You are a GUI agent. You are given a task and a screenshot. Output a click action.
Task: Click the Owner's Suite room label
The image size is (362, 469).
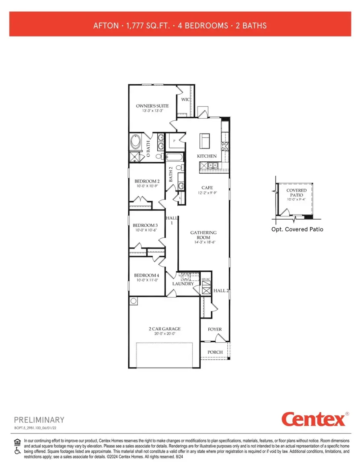coord(152,106)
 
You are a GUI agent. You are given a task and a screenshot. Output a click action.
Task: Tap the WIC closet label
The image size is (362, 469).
coord(185,99)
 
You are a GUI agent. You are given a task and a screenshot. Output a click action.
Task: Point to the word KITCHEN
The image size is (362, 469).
coord(207,156)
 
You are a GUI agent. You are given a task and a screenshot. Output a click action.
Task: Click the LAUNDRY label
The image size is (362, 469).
coord(183,284)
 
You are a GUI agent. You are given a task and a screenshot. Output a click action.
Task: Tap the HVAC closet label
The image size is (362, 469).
coord(206,280)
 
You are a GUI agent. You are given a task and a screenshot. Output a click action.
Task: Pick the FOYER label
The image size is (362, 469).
coord(215,329)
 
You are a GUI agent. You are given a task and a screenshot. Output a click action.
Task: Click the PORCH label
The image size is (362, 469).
coord(215,352)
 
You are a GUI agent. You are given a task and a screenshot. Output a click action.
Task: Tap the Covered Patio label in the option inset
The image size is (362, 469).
coord(296,193)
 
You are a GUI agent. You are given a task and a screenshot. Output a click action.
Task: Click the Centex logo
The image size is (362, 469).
coord(314,419)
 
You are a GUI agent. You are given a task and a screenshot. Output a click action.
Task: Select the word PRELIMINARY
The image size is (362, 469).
coord(39,420)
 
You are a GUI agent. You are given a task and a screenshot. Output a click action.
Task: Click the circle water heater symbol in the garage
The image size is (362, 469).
coord(133,301)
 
